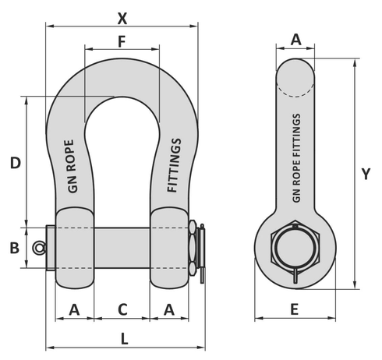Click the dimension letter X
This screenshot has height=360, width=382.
click(121, 16)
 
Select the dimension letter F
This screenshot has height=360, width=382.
click(122, 41)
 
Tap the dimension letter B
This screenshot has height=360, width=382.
click(14, 248)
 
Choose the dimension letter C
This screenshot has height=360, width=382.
click(122, 309)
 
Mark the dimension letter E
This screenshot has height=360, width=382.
click(294, 309)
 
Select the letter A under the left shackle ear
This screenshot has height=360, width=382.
click(74, 309)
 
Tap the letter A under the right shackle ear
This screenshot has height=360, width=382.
click(169, 309)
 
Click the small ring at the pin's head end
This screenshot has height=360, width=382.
click(39, 248)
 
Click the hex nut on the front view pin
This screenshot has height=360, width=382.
click(192, 248)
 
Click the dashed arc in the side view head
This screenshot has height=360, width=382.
click(296, 94)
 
